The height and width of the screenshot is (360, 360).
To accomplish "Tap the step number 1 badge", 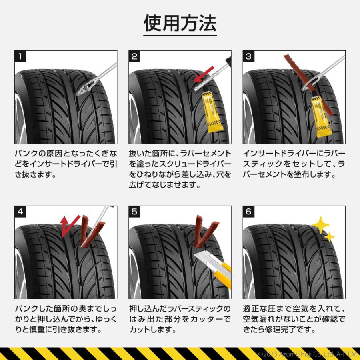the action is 20,56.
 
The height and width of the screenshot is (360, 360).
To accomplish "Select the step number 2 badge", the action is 134,56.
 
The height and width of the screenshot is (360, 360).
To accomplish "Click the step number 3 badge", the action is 248,56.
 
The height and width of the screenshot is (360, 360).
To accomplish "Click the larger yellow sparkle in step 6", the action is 320,225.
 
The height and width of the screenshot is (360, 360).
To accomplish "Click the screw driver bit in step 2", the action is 200,84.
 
